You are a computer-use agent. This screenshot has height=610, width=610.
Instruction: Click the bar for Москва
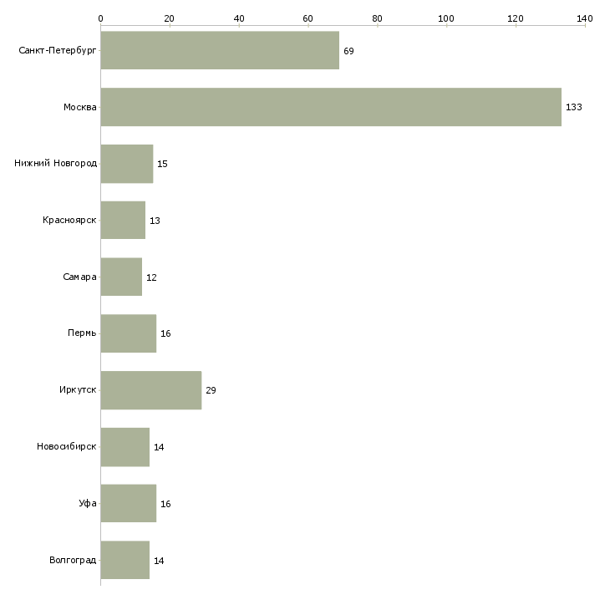pyautogui.click(x=331, y=107)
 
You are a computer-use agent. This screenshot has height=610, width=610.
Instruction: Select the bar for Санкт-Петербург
pyautogui.click(x=221, y=50)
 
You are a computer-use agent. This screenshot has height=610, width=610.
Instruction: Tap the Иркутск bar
pyautogui.click(x=151, y=390)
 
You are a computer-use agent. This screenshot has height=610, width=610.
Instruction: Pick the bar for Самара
pyautogui.click(x=121, y=277)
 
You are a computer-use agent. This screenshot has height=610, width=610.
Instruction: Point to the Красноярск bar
pyautogui.click(x=124, y=221)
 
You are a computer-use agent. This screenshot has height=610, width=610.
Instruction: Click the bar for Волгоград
pyautogui.click(x=125, y=560)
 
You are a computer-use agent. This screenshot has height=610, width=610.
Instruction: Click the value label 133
pyautogui.click(x=574, y=107)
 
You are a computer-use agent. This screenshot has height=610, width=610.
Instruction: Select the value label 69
pyautogui.click(x=348, y=51)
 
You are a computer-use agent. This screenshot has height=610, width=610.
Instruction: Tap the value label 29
pyautogui.click(x=211, y=390)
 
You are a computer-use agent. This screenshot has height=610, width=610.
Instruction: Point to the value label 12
pyautogui.click(x=151, y=277)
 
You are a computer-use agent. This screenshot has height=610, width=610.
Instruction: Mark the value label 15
pyautogui.click(x=162, y=164)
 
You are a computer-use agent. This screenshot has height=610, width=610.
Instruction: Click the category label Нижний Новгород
pyautogui.click(x=56, y=164)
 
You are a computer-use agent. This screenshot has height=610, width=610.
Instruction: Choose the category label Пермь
pyautogui.click(x=82, y=333)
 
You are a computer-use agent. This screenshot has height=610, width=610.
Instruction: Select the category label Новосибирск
pyautogui.click(x=67, y=446)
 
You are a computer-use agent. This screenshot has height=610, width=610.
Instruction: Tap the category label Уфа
pyautogui.click(x=88, y=503)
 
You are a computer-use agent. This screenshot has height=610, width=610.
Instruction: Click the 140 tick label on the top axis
pyautogui.click(x=585, y=18)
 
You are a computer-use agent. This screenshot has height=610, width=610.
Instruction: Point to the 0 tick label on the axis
pyautogui.click(x=101, y=18)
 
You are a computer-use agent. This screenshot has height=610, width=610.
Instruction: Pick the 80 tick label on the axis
pyautogui.click(x=377, y=18)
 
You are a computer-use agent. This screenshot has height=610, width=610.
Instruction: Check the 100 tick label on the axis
pyautogui.click(x=446, y=18)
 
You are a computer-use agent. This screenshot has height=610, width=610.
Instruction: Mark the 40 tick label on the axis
pyautogui.click(x=239, y=18)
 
